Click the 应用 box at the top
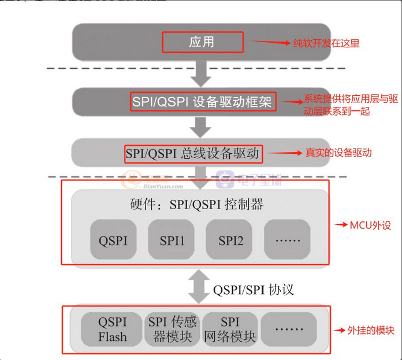[202, 42]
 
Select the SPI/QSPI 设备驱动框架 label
[202, 102]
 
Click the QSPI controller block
[113, 240]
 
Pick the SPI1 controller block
[172, 240]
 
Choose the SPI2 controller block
[230, 240]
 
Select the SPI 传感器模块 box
[171, 329]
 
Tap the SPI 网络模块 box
[230, 329]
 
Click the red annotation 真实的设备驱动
[338, 153]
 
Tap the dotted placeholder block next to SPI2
[286, 240]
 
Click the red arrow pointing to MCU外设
[340, 224]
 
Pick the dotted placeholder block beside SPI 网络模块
[289, 329]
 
